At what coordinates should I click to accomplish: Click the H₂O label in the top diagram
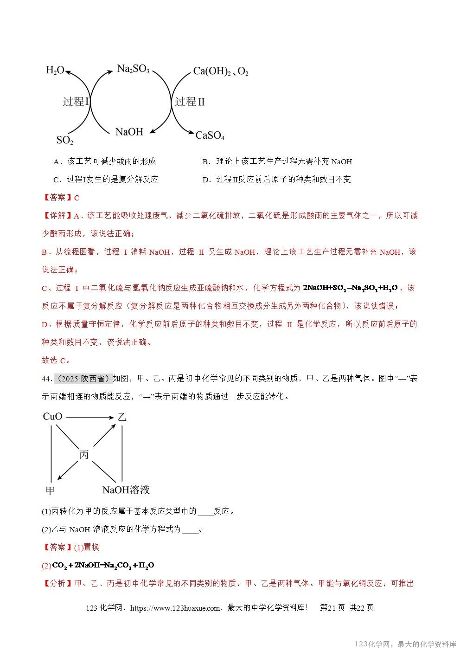55,71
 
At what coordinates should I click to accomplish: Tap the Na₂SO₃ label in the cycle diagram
133,70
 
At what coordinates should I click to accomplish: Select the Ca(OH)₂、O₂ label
221,71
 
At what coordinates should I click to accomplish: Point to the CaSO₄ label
210,135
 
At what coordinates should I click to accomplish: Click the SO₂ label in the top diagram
64,140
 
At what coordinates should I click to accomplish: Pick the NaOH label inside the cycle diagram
129,132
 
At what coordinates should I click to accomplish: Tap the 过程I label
76,102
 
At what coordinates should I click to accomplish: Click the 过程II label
189,102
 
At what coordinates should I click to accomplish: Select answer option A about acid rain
105,161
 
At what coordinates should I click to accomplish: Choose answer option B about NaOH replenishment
277,161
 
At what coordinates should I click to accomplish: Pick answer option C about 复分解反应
106,180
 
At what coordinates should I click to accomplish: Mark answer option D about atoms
276,180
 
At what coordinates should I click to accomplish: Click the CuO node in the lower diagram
52,416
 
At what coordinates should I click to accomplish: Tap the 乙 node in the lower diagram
121,417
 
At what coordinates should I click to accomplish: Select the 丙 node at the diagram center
84,455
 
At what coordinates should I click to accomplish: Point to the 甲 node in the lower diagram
50,490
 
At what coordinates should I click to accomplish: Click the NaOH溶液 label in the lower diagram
126,490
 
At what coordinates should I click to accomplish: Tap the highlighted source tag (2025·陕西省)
83,379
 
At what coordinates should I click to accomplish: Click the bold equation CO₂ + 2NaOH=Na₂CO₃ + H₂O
103,565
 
